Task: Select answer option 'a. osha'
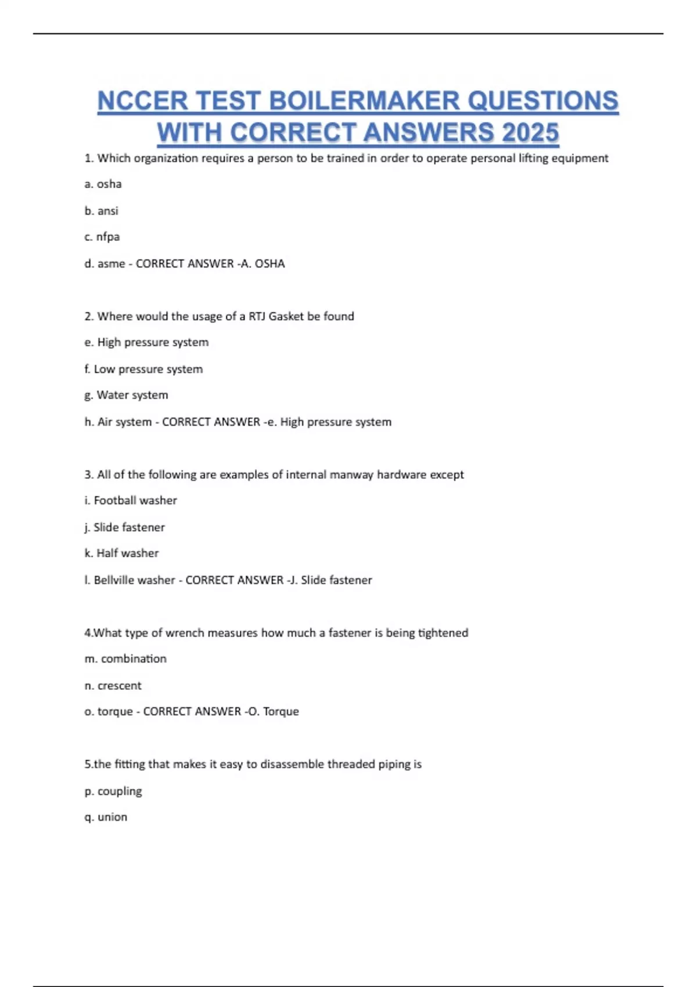point(103,184)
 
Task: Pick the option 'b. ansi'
point(101,211)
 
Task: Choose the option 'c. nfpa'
point(102,237)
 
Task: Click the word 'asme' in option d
point(111,264)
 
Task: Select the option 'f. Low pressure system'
point(143,369)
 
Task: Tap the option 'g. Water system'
point(126,395)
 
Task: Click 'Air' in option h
point(105,422)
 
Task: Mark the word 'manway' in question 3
point(351,475)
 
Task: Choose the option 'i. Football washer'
point(130,500)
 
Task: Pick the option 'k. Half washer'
point(121,553)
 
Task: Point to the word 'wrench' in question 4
point(185,633)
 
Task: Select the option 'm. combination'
point(125,659)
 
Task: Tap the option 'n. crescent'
point(113,686)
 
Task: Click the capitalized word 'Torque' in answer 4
point(281,712)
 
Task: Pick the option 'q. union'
point(106,817)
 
